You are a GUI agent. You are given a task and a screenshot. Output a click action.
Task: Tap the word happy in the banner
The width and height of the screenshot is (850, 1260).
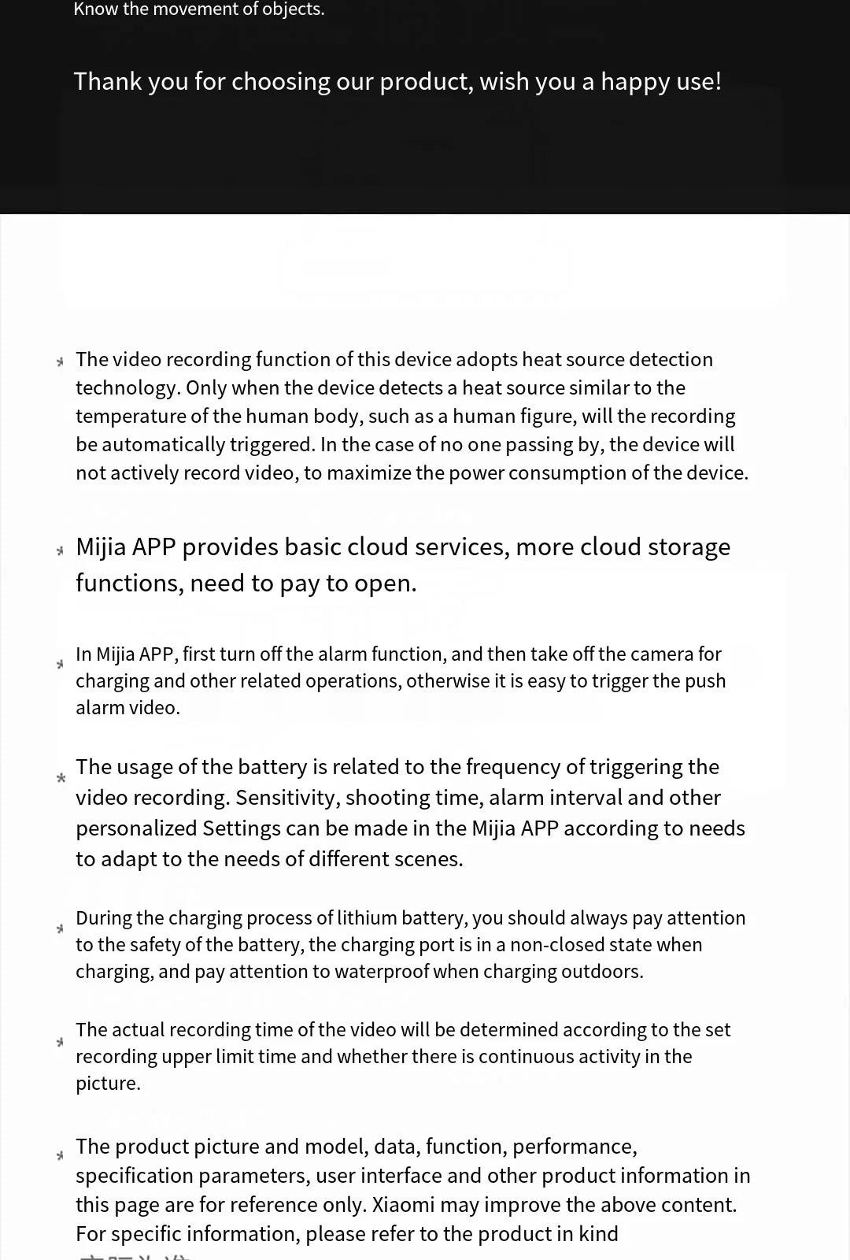[634, 82]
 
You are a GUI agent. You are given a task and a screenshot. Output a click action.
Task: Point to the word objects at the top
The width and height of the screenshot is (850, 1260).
[294, 9]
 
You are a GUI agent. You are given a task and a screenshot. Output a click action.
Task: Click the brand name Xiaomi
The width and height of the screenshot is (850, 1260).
[403, 1204]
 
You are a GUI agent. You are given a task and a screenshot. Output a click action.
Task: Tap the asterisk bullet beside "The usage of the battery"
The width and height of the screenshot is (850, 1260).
[61, 778]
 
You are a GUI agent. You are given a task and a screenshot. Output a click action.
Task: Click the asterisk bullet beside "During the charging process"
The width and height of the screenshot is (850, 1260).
[60, 928]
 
